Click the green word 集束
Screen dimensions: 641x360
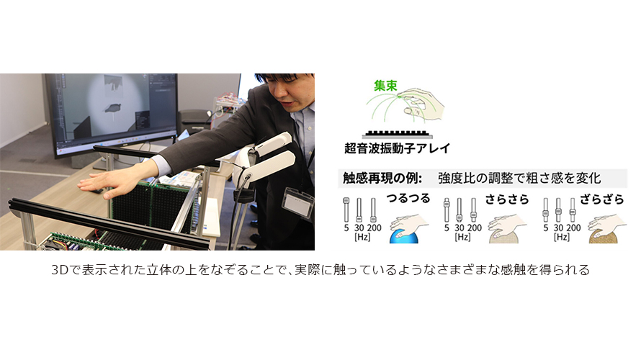click(x=385, y=86)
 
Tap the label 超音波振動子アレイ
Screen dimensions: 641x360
click(x=397, y=148)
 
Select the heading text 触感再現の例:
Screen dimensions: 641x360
click(x=382, y=178)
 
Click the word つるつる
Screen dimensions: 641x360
click(x=408, y=199)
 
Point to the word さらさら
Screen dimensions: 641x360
click(x=507, y=199)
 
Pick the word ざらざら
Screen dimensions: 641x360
click(x=602, y=199)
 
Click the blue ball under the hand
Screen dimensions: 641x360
click(x=404, y=236)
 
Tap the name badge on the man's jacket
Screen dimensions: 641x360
click(x=297, y=202)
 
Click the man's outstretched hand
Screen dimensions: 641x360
click(x=102, y=185)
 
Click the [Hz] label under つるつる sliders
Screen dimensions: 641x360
click(x=362, y=237)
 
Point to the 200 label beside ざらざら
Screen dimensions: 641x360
click(x=573, y=228)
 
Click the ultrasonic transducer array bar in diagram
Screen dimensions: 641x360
click(x=397, y=134)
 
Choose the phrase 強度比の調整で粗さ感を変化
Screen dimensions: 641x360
click(x=519, y=178)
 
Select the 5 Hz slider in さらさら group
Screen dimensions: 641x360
click(x=447, y=210)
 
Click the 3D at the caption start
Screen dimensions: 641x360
click(x=59, y=270)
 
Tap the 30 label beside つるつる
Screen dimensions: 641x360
click(x=359, y=228)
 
